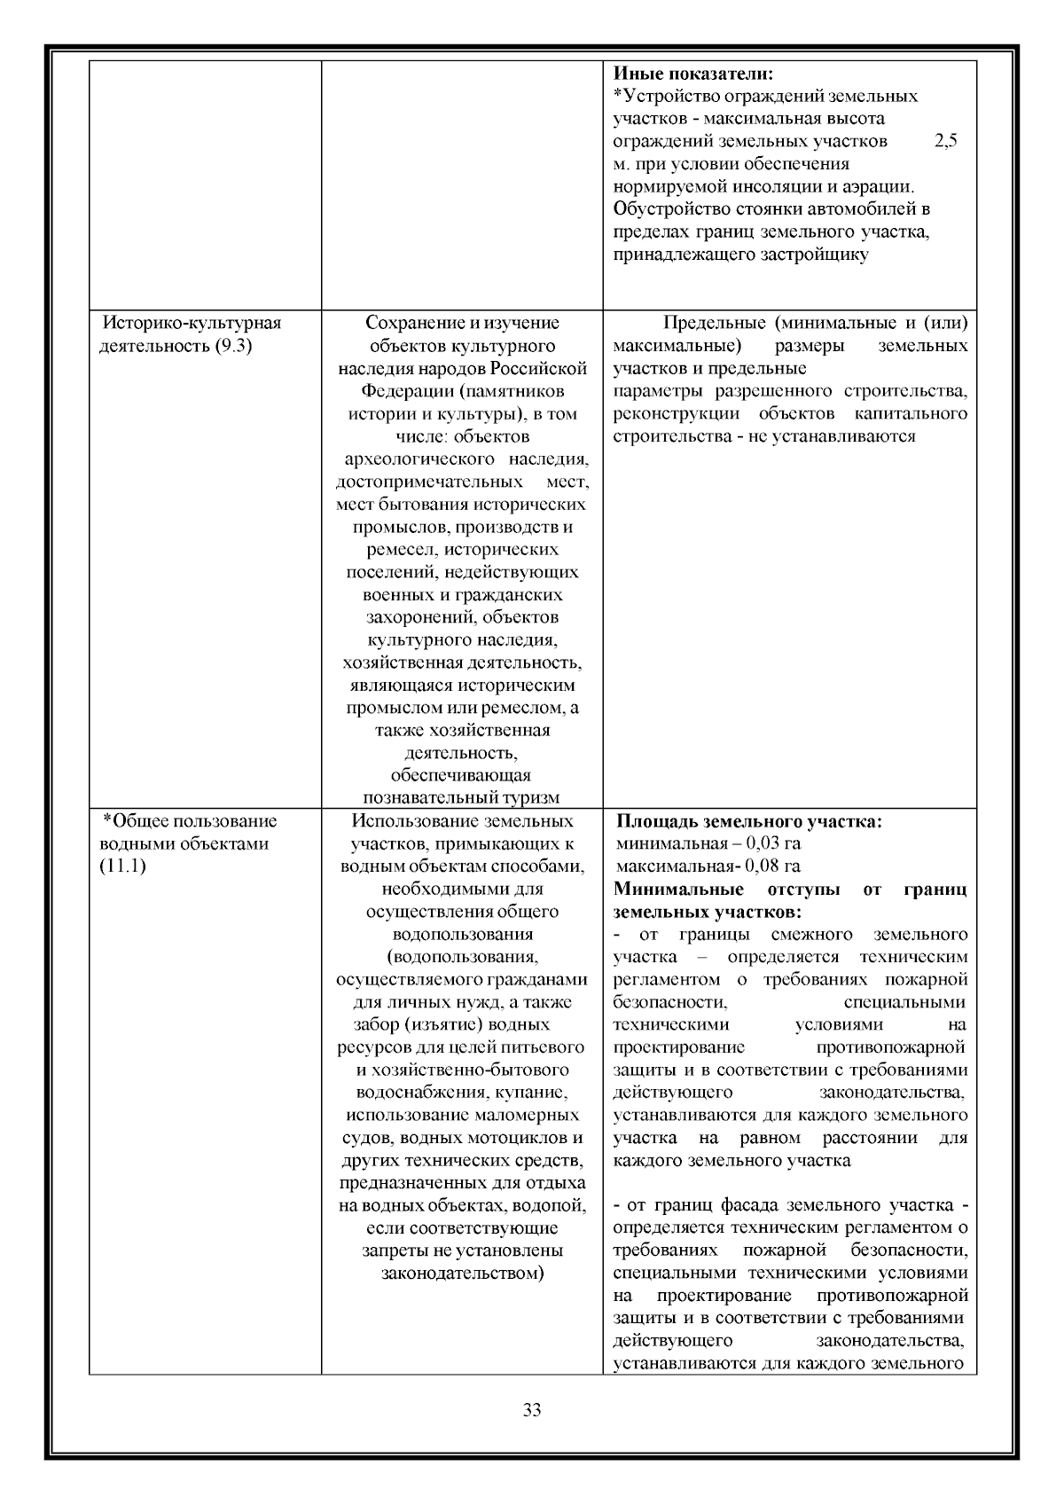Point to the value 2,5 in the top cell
[946, 141]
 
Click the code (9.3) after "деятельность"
[233, 346]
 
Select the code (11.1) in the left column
[122, 866]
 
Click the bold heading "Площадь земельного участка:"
[749, 821]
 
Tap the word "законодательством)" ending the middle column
[462, 1274]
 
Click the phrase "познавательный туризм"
[461, 797]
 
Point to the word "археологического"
[419, 459]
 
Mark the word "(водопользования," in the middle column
[462, 957]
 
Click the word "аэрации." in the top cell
[883, 187]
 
